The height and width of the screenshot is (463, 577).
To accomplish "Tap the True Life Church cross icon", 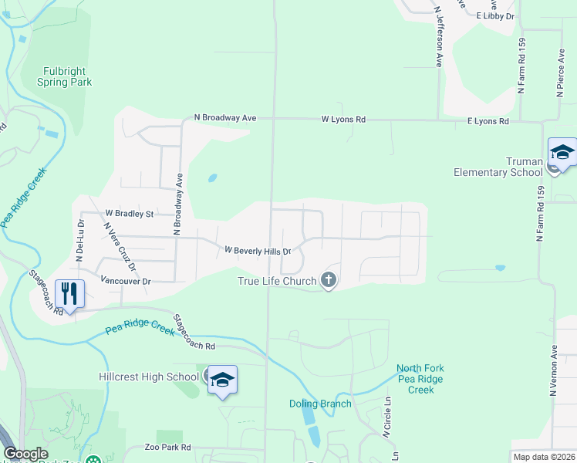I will tap(329, 281).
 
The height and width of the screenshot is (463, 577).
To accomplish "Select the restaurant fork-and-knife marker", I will tap(70, 294).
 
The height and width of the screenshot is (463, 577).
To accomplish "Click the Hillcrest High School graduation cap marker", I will tap(222, 380).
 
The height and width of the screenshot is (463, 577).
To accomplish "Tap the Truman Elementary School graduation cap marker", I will tap(562, 153).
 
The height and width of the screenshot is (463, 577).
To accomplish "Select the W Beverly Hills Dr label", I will tap(257, 251).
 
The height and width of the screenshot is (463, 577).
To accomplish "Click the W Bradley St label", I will tap(130, 213).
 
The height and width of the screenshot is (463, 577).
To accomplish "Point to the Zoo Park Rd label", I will tap(167, 448).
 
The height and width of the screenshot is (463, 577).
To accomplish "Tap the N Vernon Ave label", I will tap(553, 371).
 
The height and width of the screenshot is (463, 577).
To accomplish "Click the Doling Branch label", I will tap(320, 404).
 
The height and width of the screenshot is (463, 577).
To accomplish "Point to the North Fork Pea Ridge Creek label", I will tap(420, 379).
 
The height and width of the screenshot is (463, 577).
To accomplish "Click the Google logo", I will tap(25, 455).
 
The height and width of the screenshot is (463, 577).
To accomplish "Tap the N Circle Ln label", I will tap(387, 417).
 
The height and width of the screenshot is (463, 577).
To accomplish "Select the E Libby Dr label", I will tap(494, 16).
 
